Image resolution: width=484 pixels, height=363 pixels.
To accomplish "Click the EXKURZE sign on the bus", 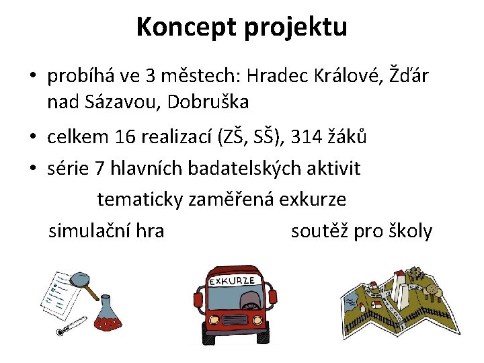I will pos(233,279).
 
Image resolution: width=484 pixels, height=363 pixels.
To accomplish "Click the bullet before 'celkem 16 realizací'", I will pos(33,138).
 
